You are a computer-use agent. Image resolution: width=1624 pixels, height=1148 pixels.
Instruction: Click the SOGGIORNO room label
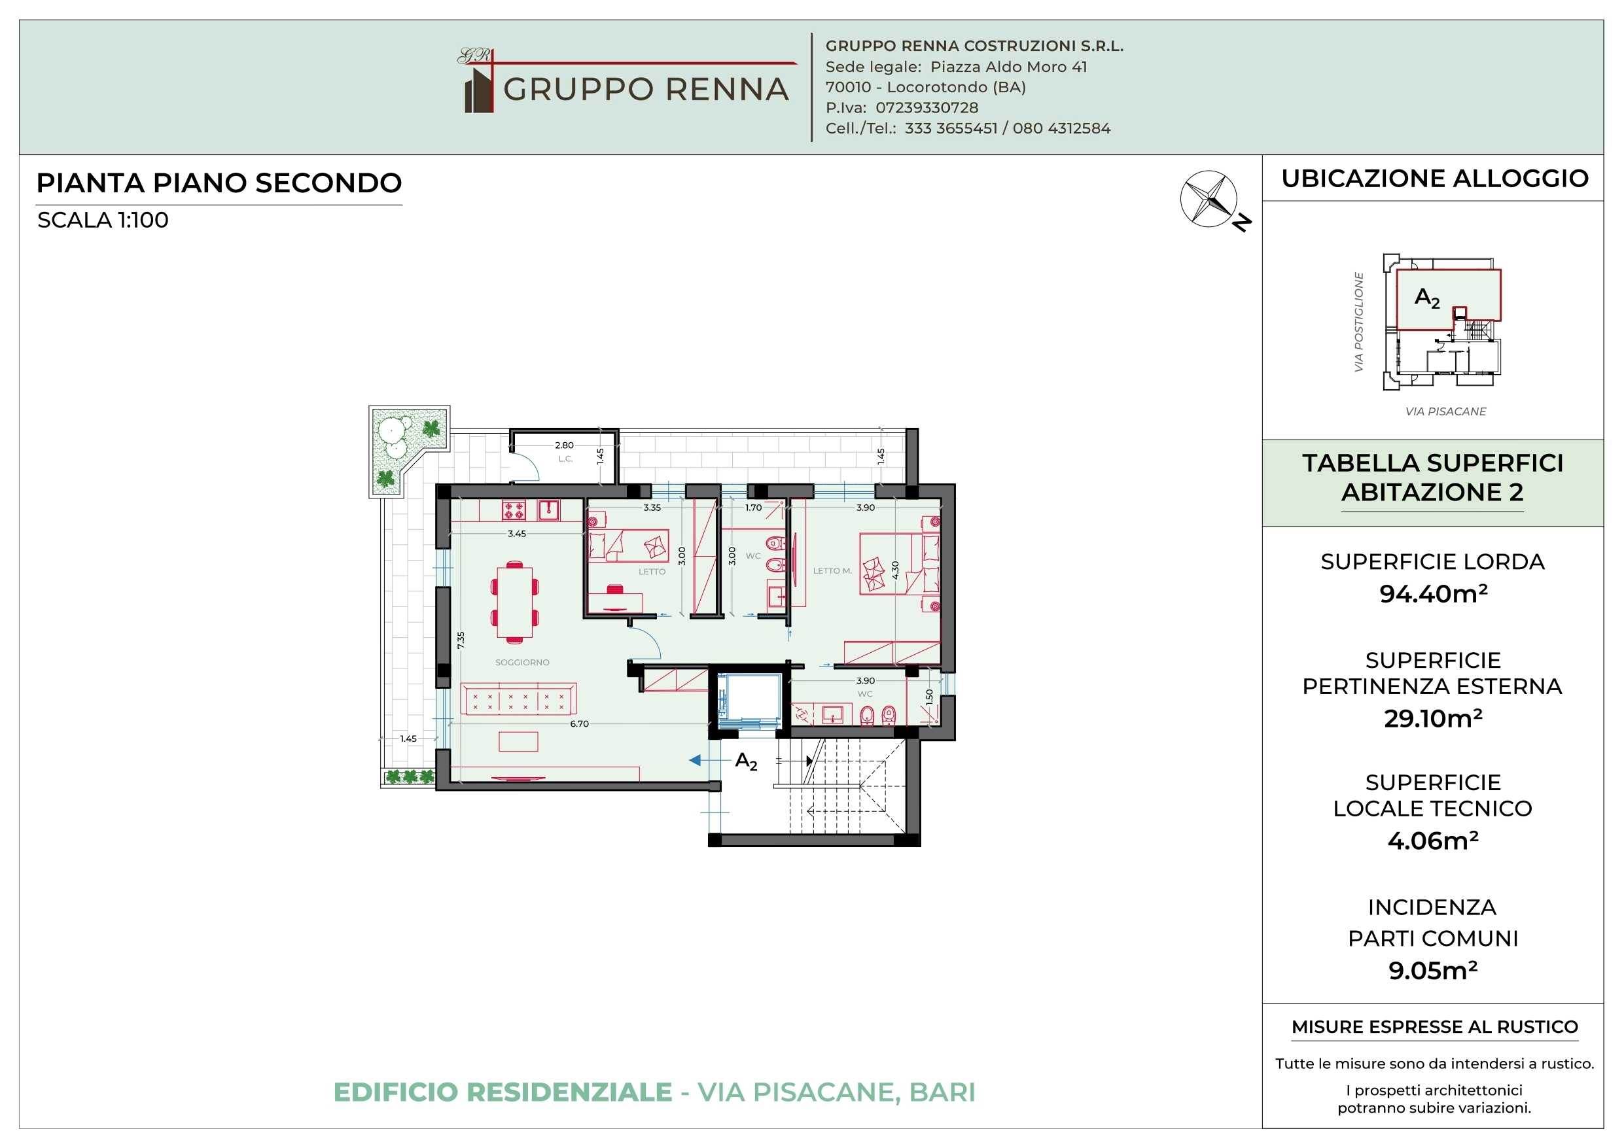[522, 662]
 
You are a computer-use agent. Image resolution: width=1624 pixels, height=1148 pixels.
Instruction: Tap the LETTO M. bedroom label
[832, 571]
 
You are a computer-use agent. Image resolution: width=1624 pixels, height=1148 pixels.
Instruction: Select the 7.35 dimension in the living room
[461, 640]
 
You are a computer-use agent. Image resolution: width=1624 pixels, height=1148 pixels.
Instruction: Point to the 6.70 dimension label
[579, 723]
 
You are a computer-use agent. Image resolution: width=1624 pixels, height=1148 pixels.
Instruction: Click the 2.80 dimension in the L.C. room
[565, 445]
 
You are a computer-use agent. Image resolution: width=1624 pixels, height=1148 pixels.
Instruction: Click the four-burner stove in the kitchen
[514, 510]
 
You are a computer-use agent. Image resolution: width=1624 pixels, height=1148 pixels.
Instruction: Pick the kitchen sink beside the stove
[549, 510]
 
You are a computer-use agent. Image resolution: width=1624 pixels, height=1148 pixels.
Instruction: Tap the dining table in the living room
[515, 602]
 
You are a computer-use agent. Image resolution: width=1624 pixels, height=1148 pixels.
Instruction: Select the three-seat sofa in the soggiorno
[518, 699]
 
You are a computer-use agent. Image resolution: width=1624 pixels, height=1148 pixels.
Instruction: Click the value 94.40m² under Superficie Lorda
[1433, 593]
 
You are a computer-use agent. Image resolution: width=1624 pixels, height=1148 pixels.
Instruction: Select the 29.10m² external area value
[1433, 718]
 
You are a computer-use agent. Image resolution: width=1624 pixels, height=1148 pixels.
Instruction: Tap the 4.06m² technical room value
[1433, 841]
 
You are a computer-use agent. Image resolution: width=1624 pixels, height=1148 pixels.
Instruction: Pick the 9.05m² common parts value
[1433, 971]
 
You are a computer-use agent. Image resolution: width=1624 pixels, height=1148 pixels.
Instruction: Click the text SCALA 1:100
[103, 220]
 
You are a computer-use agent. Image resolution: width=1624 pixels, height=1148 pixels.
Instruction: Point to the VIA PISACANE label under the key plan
[1446, 411]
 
